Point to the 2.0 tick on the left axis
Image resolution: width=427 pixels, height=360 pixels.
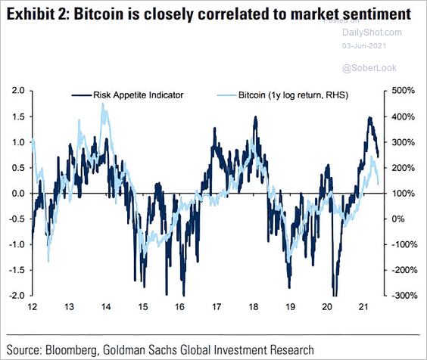pyautogui.click(x=17, y=91)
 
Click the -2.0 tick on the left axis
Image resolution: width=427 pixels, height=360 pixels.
pyautogui.click(x=15, y=296)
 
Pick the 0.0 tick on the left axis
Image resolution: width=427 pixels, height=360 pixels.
pyautogui.click(x=17, y=194)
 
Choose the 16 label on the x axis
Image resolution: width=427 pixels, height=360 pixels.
pyautogui.click(x=180, y=309)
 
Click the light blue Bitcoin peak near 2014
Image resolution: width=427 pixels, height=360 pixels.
pyautogui.click(x=103, y=105)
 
